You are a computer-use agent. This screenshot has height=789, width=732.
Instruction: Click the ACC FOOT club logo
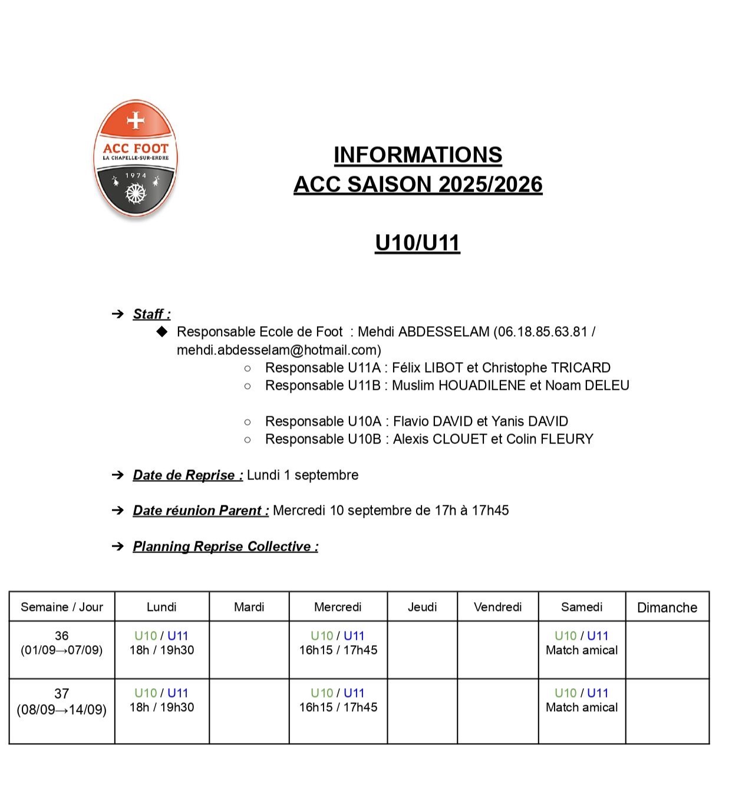click(135, 159)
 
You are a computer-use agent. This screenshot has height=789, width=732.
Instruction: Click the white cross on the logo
click(136, 120)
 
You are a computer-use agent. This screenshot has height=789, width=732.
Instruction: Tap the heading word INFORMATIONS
click(417, 155)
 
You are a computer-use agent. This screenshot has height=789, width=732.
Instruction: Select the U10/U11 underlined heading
click(417, 243)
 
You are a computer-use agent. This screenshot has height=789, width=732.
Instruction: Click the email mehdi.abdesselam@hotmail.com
click(279, 350)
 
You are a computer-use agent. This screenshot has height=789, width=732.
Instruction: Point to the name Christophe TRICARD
click(546, 368)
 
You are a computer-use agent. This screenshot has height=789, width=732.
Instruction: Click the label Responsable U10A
click(323, 422)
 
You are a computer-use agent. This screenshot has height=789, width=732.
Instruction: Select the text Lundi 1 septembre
click(302, 475)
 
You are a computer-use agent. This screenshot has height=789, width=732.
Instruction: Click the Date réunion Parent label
click(200, 511)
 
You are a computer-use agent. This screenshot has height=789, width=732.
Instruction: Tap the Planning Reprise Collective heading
click(225, 547)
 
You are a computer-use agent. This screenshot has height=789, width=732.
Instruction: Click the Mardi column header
click(249, 607)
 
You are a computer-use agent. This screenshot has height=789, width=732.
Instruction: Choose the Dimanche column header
click(667, 607)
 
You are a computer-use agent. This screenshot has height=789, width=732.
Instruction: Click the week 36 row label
click(62, 643)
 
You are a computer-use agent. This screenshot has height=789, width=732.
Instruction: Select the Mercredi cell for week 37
click(338, 701)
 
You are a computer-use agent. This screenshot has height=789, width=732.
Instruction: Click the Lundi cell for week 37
click(161, 701)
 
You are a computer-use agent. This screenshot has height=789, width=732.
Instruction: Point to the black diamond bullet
click(162, 331)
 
